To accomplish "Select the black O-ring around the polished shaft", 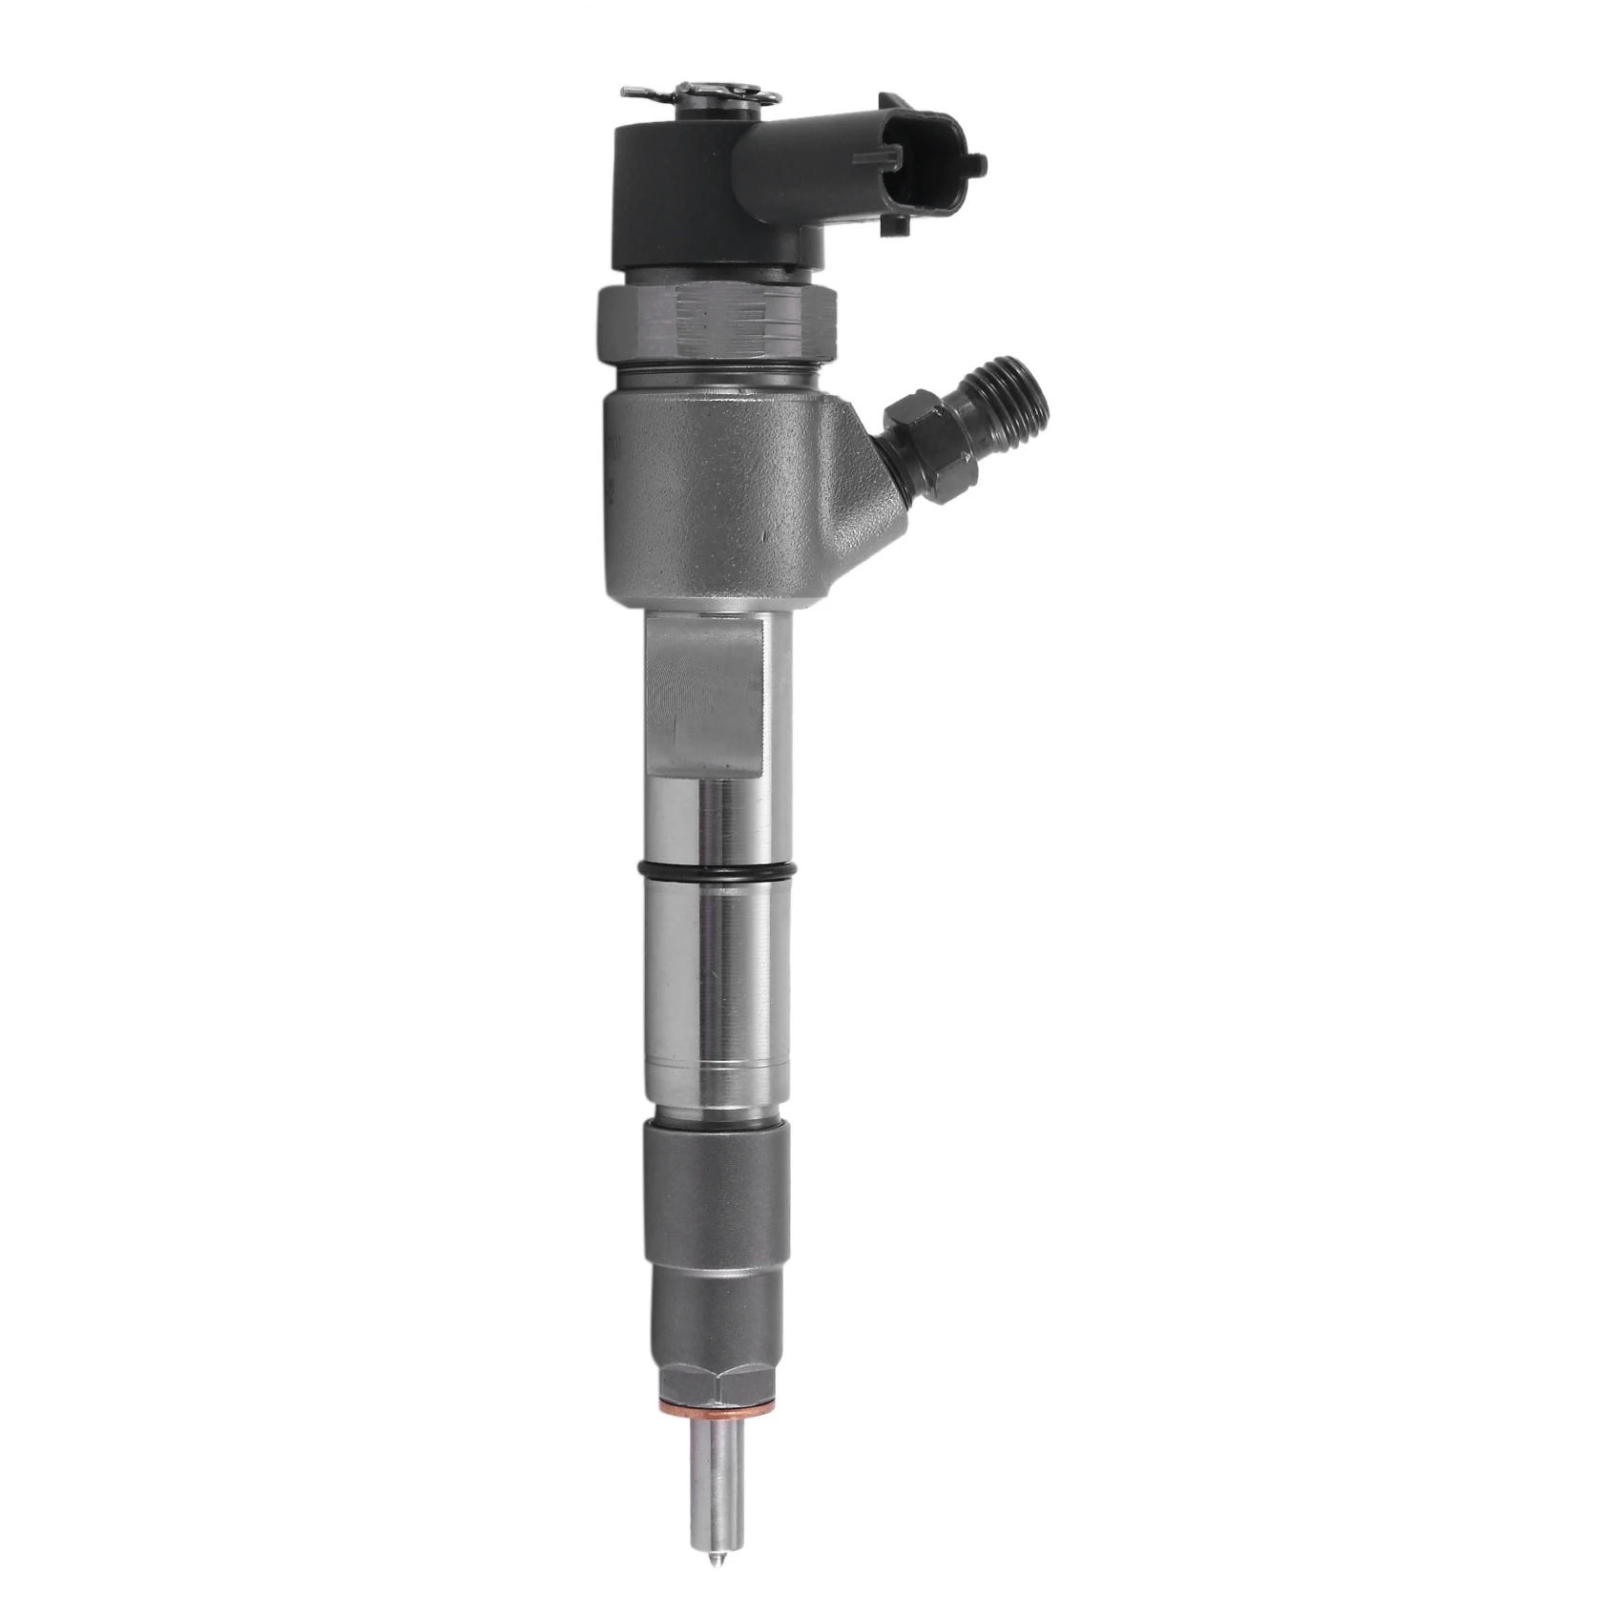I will pyautogui.click(x=717, y=869).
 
